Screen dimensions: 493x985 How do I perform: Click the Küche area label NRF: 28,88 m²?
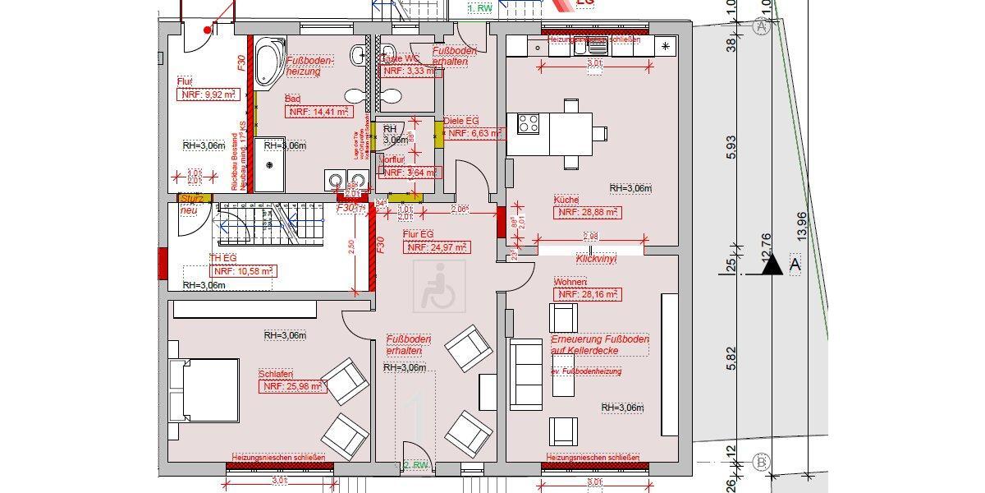[x=588, y=213]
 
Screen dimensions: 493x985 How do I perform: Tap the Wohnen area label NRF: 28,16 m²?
[x=587, y=294]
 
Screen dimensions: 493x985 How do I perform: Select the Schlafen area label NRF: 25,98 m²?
[x=291, y=386]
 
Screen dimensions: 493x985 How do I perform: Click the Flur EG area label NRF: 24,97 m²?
[x=438, y=247]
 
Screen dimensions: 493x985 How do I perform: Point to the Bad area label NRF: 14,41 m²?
[x=318, y=111]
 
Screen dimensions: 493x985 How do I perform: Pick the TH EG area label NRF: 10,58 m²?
[x=244, y=270]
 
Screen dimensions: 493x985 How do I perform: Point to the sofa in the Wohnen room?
[x=526, y=374]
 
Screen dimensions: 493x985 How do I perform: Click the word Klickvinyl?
[x=597, y=258]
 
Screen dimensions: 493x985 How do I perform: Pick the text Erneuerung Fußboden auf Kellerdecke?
[x=600, y=345]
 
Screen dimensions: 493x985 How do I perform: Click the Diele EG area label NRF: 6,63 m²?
[x=474, y=132]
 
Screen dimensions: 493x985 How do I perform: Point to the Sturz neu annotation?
[x=190, y=204]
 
